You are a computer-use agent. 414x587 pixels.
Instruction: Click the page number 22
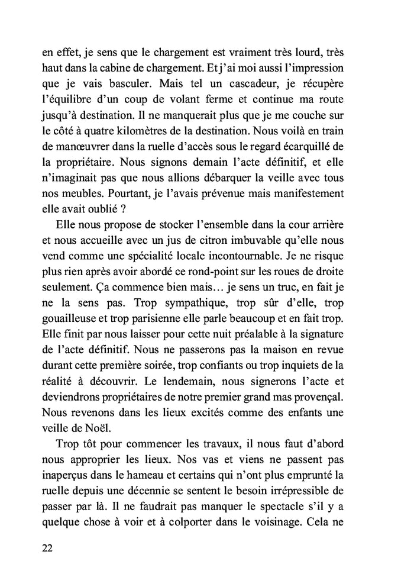click(49, 547)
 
